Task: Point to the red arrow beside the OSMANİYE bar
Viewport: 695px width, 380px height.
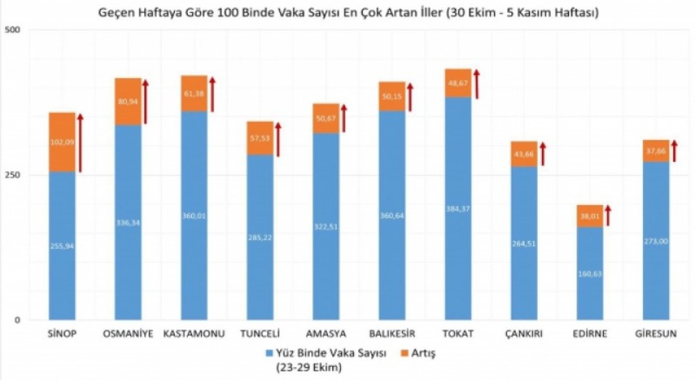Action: coord(146,102)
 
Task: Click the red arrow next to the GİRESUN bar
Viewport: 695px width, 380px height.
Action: coord(674,150)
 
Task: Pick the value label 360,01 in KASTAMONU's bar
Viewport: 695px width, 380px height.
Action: coord(194,216)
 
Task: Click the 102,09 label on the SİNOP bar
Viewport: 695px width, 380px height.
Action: coord(62,143)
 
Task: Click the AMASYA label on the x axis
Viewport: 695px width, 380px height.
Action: coord(326,333)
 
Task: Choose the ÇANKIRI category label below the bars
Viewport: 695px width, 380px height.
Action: coord(524,333)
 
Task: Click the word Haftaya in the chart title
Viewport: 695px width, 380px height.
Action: coord(151,12)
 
